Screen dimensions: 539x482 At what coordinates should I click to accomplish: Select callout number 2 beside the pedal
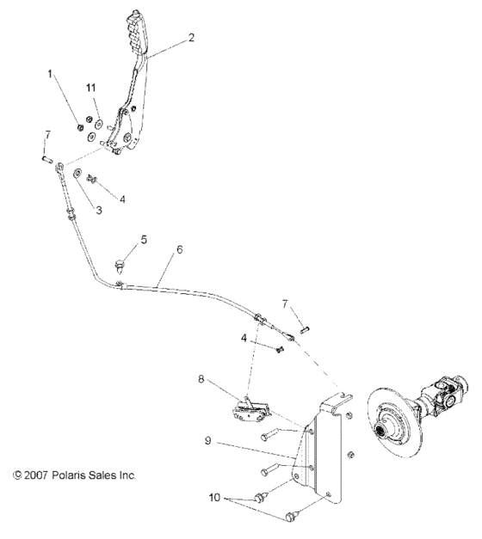coord(190,38)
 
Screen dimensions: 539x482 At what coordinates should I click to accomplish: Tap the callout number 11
coord(90,88)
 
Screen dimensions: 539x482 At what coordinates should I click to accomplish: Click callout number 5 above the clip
coord(145,240)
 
